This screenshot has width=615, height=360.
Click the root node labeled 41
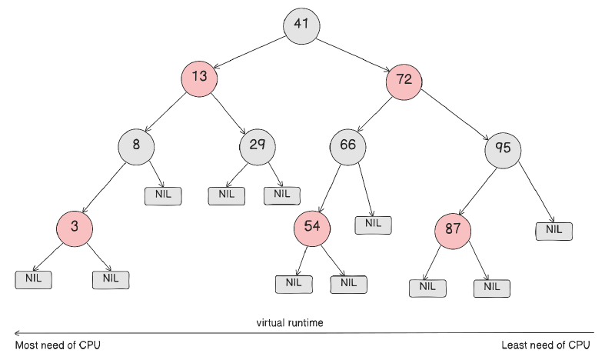[301, 25]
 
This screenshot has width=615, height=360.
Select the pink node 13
[200, 78]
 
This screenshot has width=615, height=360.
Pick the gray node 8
[137, 145]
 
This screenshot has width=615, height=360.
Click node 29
[258, 146]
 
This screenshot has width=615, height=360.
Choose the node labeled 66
[348, 146]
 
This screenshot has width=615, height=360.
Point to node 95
[504, 148]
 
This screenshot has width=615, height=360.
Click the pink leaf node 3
[74, 227]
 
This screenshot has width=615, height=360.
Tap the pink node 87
[452, 230]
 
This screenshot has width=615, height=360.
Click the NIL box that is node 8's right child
[163, 195]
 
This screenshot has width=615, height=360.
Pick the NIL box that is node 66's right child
[373, 224]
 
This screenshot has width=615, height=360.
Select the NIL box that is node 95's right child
[553, 229]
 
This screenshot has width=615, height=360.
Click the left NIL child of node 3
[33, 278]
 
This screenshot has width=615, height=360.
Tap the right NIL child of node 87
[491, 287]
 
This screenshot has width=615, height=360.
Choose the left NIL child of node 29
[226, 195]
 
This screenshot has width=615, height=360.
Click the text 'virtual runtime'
[290, 322]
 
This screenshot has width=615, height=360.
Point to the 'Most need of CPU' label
[58, 345]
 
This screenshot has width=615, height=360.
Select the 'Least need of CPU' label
[546, 345]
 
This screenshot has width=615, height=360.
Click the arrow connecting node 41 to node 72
[354, 52]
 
